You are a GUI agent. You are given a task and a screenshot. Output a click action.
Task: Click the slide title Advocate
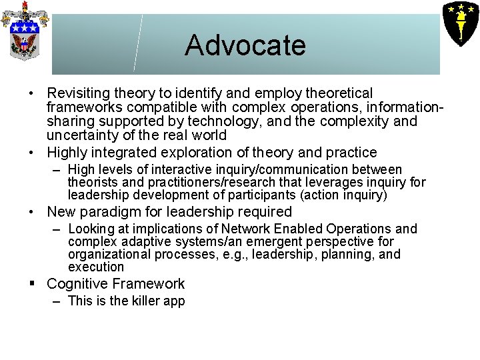point(245,45)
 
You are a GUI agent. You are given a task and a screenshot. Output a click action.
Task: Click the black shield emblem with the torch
point(459,22)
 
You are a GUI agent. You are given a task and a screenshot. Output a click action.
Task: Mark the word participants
point(260,195)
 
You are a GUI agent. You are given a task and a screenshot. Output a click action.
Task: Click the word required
point(259,212)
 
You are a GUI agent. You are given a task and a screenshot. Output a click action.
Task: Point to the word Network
point(255,229)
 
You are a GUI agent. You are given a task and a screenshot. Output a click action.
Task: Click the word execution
point(96,267)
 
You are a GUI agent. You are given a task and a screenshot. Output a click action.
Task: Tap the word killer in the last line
point(145,301)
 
